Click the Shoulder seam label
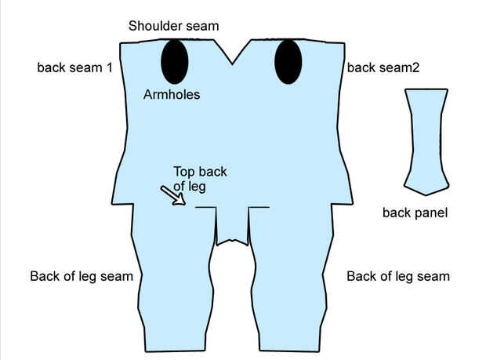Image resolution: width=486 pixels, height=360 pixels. (173, 26)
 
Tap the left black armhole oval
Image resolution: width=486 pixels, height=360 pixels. (174, 61)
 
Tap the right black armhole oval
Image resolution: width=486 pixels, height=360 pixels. (288, 61)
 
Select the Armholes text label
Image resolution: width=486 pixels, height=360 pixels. (172, 95)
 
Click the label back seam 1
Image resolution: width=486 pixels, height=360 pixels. (74, 67)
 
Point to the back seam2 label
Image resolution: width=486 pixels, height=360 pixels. (383, 67)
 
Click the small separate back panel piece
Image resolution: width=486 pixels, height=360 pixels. (426, 141)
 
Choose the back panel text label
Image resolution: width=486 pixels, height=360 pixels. (415, 212)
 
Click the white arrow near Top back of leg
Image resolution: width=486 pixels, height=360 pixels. (173, 195)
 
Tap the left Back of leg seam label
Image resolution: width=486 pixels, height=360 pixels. (82, 276)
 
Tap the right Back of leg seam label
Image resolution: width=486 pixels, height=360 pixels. (398, 276)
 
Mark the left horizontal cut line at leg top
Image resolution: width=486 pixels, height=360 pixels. (205, 208)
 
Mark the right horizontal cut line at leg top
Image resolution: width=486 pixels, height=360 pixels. (259, 208)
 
